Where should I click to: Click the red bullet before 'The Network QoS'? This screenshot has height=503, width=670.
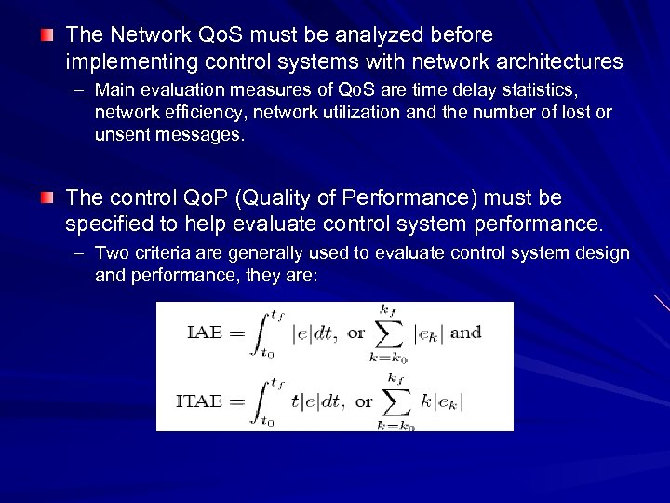47,35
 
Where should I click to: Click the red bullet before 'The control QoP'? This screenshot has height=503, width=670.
47,198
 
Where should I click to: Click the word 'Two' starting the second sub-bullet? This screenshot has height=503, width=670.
110,253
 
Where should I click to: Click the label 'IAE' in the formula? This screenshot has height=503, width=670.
205,333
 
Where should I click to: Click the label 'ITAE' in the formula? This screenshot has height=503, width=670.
199,401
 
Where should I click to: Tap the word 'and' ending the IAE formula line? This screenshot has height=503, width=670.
465,333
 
